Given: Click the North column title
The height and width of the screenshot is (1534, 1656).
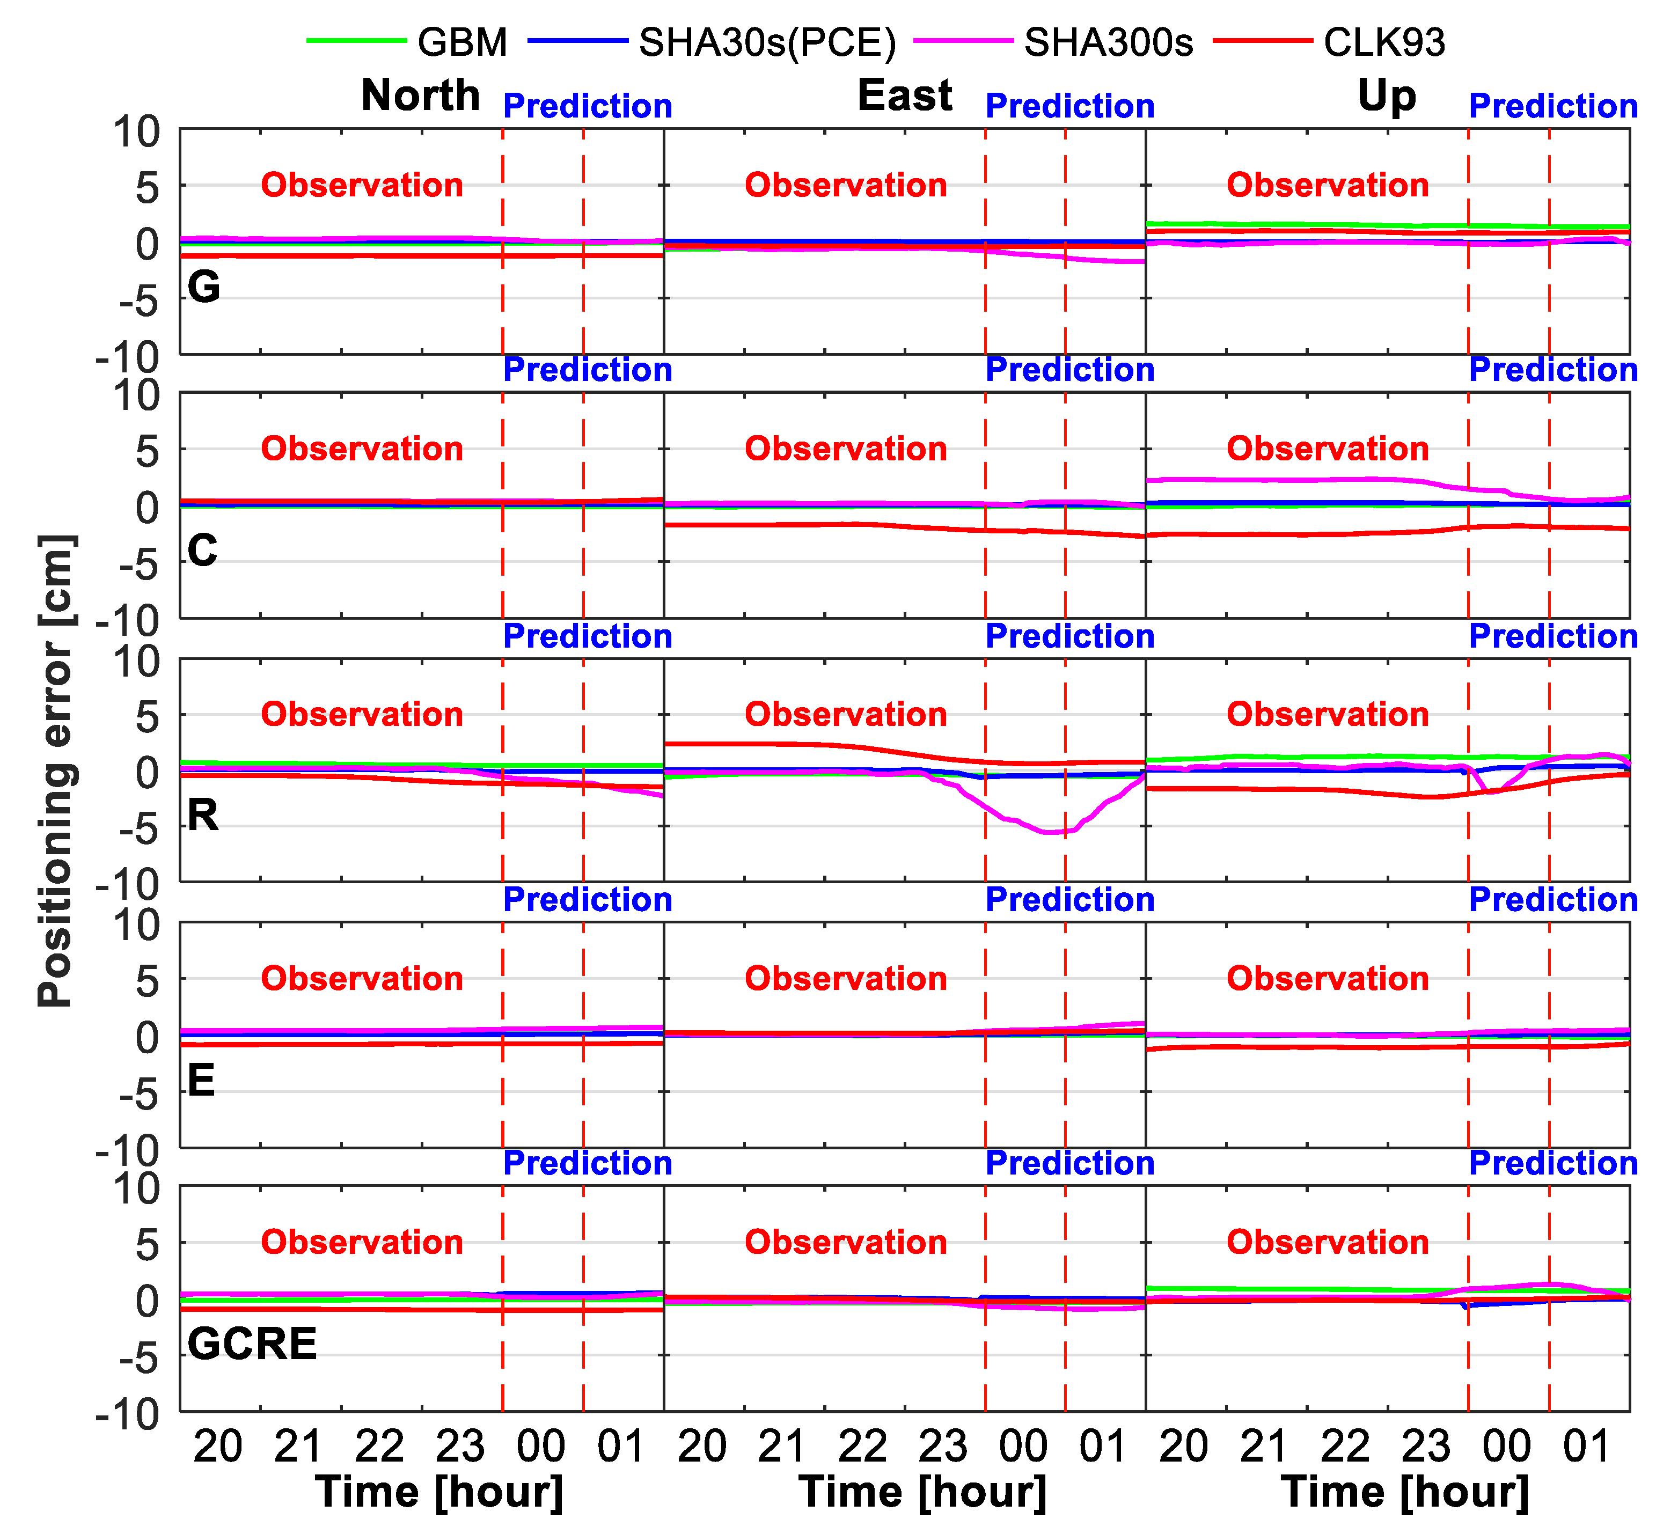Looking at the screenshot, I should click(x=420, y=96).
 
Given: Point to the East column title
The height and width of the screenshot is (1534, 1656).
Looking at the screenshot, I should click(x=904, y=96).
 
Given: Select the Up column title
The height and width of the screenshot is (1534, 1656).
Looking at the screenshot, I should click(x=1386, y=96).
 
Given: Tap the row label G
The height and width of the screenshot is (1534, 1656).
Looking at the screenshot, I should click(x=203, y=287).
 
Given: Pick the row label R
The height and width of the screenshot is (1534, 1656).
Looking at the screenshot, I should click(x=202, y=815).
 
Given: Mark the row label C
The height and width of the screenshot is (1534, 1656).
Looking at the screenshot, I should click(x=202, y=551).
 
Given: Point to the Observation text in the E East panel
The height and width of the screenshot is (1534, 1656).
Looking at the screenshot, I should click(x=845, y=979).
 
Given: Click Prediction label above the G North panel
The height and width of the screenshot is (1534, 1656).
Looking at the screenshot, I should click(x=587, y=106).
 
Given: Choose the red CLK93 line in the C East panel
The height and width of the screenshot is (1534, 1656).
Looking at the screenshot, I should click(x=830, y=525).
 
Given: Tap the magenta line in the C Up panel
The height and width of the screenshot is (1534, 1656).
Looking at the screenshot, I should click(x=1287, y=480).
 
